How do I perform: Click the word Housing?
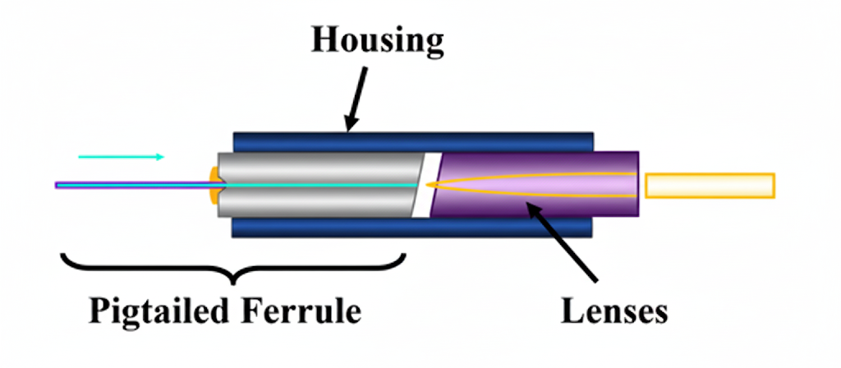376,39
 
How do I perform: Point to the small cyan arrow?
122,156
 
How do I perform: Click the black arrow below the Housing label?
356,99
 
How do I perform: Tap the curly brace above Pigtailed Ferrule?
234,265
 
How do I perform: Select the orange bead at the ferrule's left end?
214,186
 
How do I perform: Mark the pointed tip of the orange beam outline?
429,186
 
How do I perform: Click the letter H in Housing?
323,39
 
